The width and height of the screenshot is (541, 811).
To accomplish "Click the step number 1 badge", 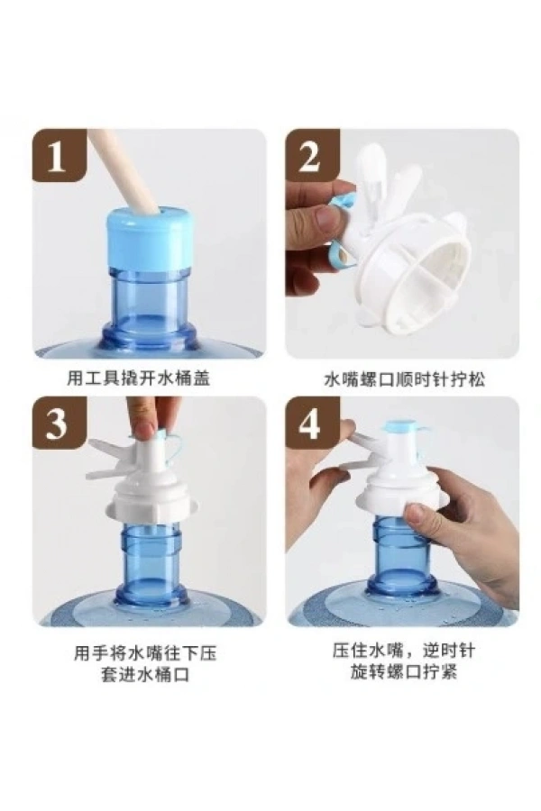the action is (x=59, y=155).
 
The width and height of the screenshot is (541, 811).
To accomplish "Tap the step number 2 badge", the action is (x=312, y=155).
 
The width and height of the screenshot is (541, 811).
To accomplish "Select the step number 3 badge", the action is (x=59, y=423).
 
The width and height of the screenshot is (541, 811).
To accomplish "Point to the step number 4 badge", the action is (x=312, y=423).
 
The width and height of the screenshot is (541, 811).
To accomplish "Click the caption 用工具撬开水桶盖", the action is (x=138, y=378).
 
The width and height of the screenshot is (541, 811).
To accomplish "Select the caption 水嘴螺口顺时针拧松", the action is (x=404, y=380).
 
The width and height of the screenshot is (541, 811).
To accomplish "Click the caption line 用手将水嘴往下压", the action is (x=145, y=654).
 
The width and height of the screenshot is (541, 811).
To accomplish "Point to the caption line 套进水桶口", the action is (x=145, y=675).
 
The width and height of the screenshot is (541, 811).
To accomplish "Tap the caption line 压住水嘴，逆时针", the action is (x=403, y=651).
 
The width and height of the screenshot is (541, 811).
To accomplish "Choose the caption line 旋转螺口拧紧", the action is (x=403, y=672).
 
